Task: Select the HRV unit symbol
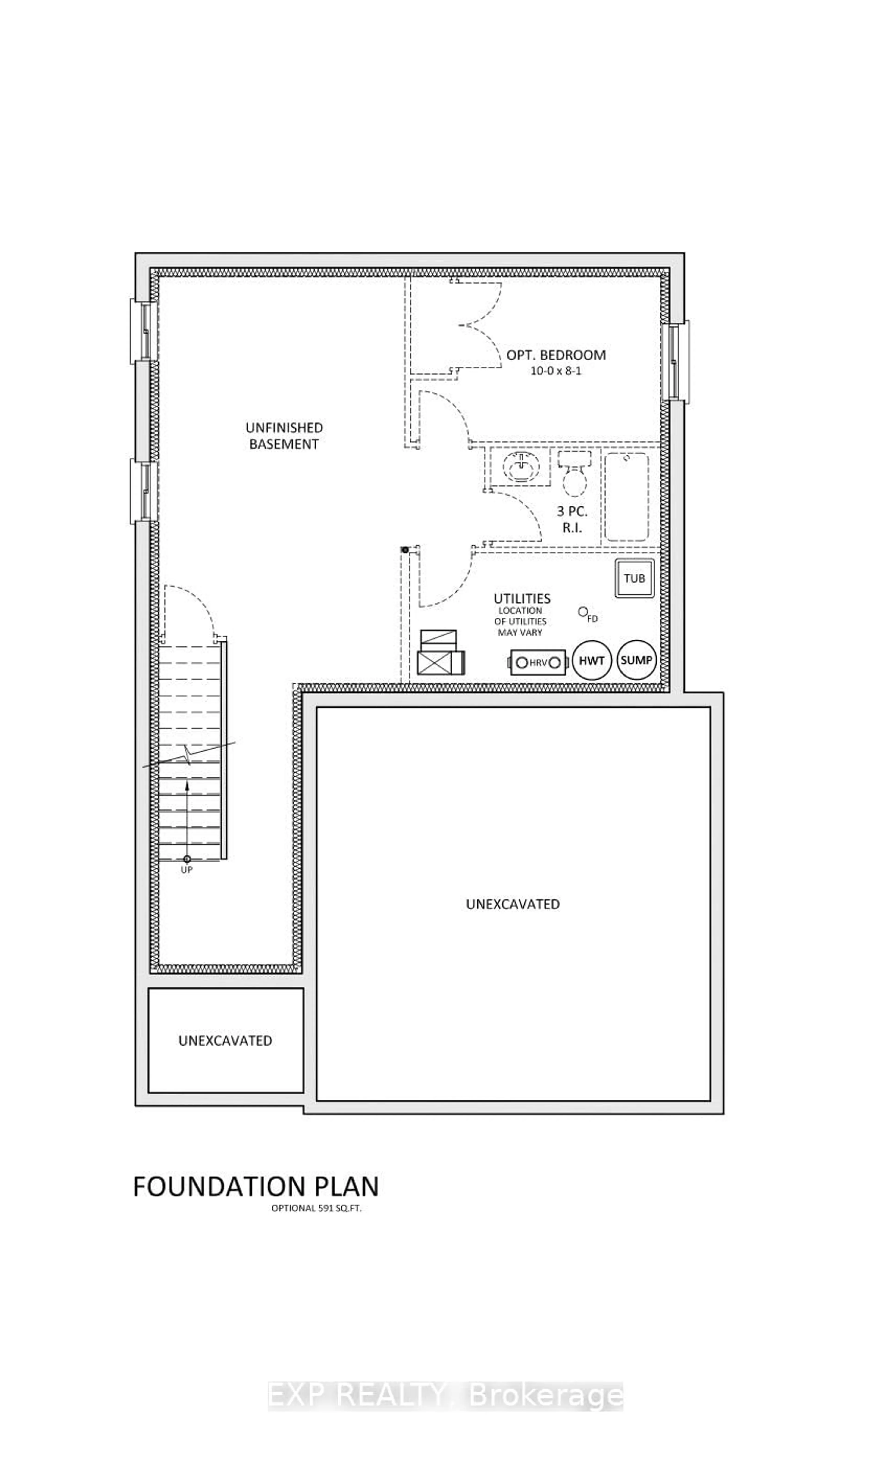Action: coord(538,662)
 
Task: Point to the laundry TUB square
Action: coord(634,578)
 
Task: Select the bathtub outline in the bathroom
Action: coord(626,497)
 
